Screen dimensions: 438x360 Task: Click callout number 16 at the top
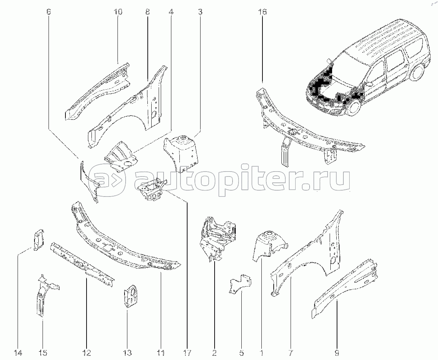[x=262, y=12]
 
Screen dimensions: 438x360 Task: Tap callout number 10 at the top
[x=118, y=12]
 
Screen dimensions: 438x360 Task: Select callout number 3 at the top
[x=200, y=12]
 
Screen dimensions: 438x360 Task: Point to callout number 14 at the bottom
[x=18, y=353]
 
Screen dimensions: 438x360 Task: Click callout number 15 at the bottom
[x=43, y=353]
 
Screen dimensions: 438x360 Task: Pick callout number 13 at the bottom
[x=127, y=353]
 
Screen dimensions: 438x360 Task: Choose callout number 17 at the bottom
[x=187, y=353]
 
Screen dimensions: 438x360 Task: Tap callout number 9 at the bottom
[x=337, y=353]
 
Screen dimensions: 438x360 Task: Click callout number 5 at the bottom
[x=241, y=353]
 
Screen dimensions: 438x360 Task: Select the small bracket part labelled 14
[x=39, y=240]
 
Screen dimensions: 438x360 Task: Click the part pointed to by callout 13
[x=131, y=296]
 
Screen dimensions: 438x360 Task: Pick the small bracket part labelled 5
[x=241, y=284]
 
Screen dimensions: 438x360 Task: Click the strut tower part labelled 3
[x=181, y=154]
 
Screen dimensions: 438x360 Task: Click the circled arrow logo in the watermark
[x=107, y=180]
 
